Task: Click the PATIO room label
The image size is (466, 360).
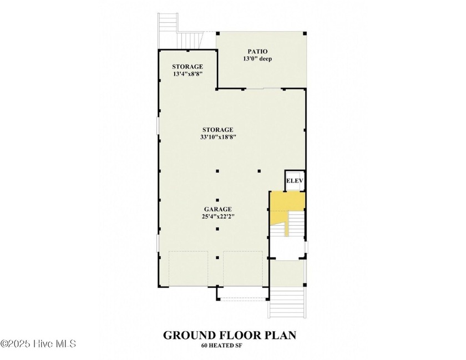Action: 257,52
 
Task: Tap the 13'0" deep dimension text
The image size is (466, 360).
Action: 257,59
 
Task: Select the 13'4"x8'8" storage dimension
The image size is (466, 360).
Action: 188,74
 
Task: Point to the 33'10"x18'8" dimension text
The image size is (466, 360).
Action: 218,137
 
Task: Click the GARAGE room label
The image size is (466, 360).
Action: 218,209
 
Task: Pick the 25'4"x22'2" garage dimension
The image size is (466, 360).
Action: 218,216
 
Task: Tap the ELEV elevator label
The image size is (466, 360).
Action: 295,181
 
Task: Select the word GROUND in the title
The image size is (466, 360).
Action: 189,335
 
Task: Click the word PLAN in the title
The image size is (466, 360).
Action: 280,335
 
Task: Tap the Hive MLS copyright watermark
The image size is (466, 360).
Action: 38,344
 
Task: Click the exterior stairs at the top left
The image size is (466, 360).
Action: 168,31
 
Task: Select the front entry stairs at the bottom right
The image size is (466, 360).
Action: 287,302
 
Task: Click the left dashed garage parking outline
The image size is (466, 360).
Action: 189,268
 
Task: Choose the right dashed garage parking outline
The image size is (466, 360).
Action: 243,268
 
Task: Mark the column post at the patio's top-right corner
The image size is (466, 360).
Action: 305,34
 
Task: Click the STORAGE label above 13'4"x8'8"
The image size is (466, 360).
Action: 188,67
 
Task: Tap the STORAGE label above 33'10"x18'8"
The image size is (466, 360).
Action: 218,130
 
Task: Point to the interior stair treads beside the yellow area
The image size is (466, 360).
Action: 296,224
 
